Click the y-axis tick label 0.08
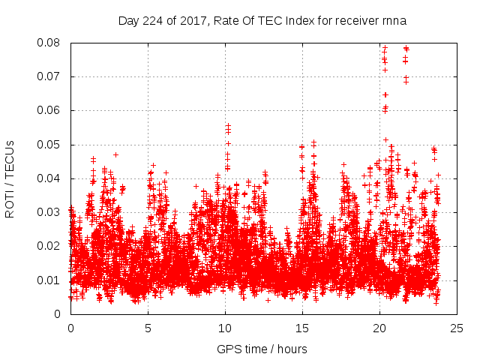tap(49, 43)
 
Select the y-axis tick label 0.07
tap(49, 76)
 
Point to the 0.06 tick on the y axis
tap(49, 110)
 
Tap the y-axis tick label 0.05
tap(49, 144)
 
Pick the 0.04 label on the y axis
tap(49, 178)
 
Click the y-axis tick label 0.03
tap(49, 212)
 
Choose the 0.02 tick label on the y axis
tap(49, 246)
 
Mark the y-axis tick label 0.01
tap(49, 280)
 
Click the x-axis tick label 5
tap(148, 328)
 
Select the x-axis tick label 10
tap(225, 328)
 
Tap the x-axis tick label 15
tap(302, 328)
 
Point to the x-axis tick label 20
tap(379, 328)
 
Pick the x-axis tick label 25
tap(457, 328)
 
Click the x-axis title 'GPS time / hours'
tap(262, 349)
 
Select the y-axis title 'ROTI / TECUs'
tap(10, 178)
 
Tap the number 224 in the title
tap(150, 21)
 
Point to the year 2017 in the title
tap(187, 21)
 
